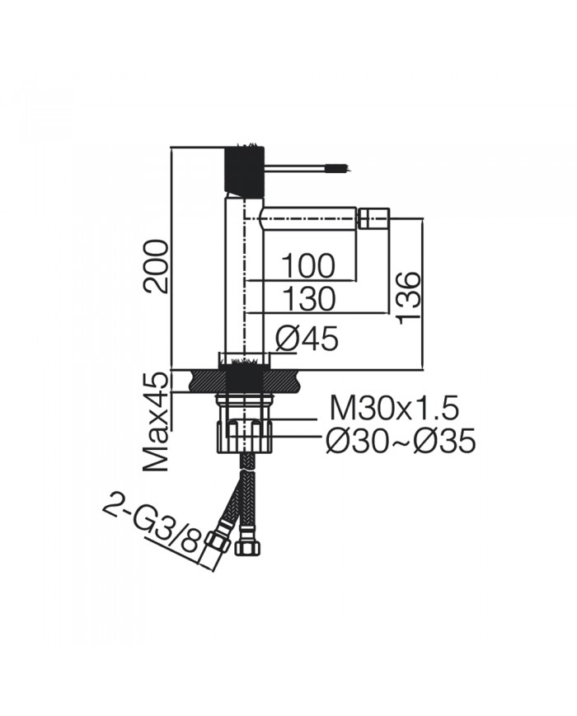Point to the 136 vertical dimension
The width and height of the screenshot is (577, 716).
point(407,296)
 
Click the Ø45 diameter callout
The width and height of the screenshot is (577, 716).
point(307,338)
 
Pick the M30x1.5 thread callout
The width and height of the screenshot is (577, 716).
point(394,408)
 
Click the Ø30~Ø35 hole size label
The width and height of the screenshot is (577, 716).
point(401,442)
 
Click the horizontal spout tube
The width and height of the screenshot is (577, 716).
point(309,219)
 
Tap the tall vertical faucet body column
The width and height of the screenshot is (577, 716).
point(243,280)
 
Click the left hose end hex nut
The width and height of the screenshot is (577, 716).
point(217,545)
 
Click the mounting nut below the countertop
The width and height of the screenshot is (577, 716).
point(244,434)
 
